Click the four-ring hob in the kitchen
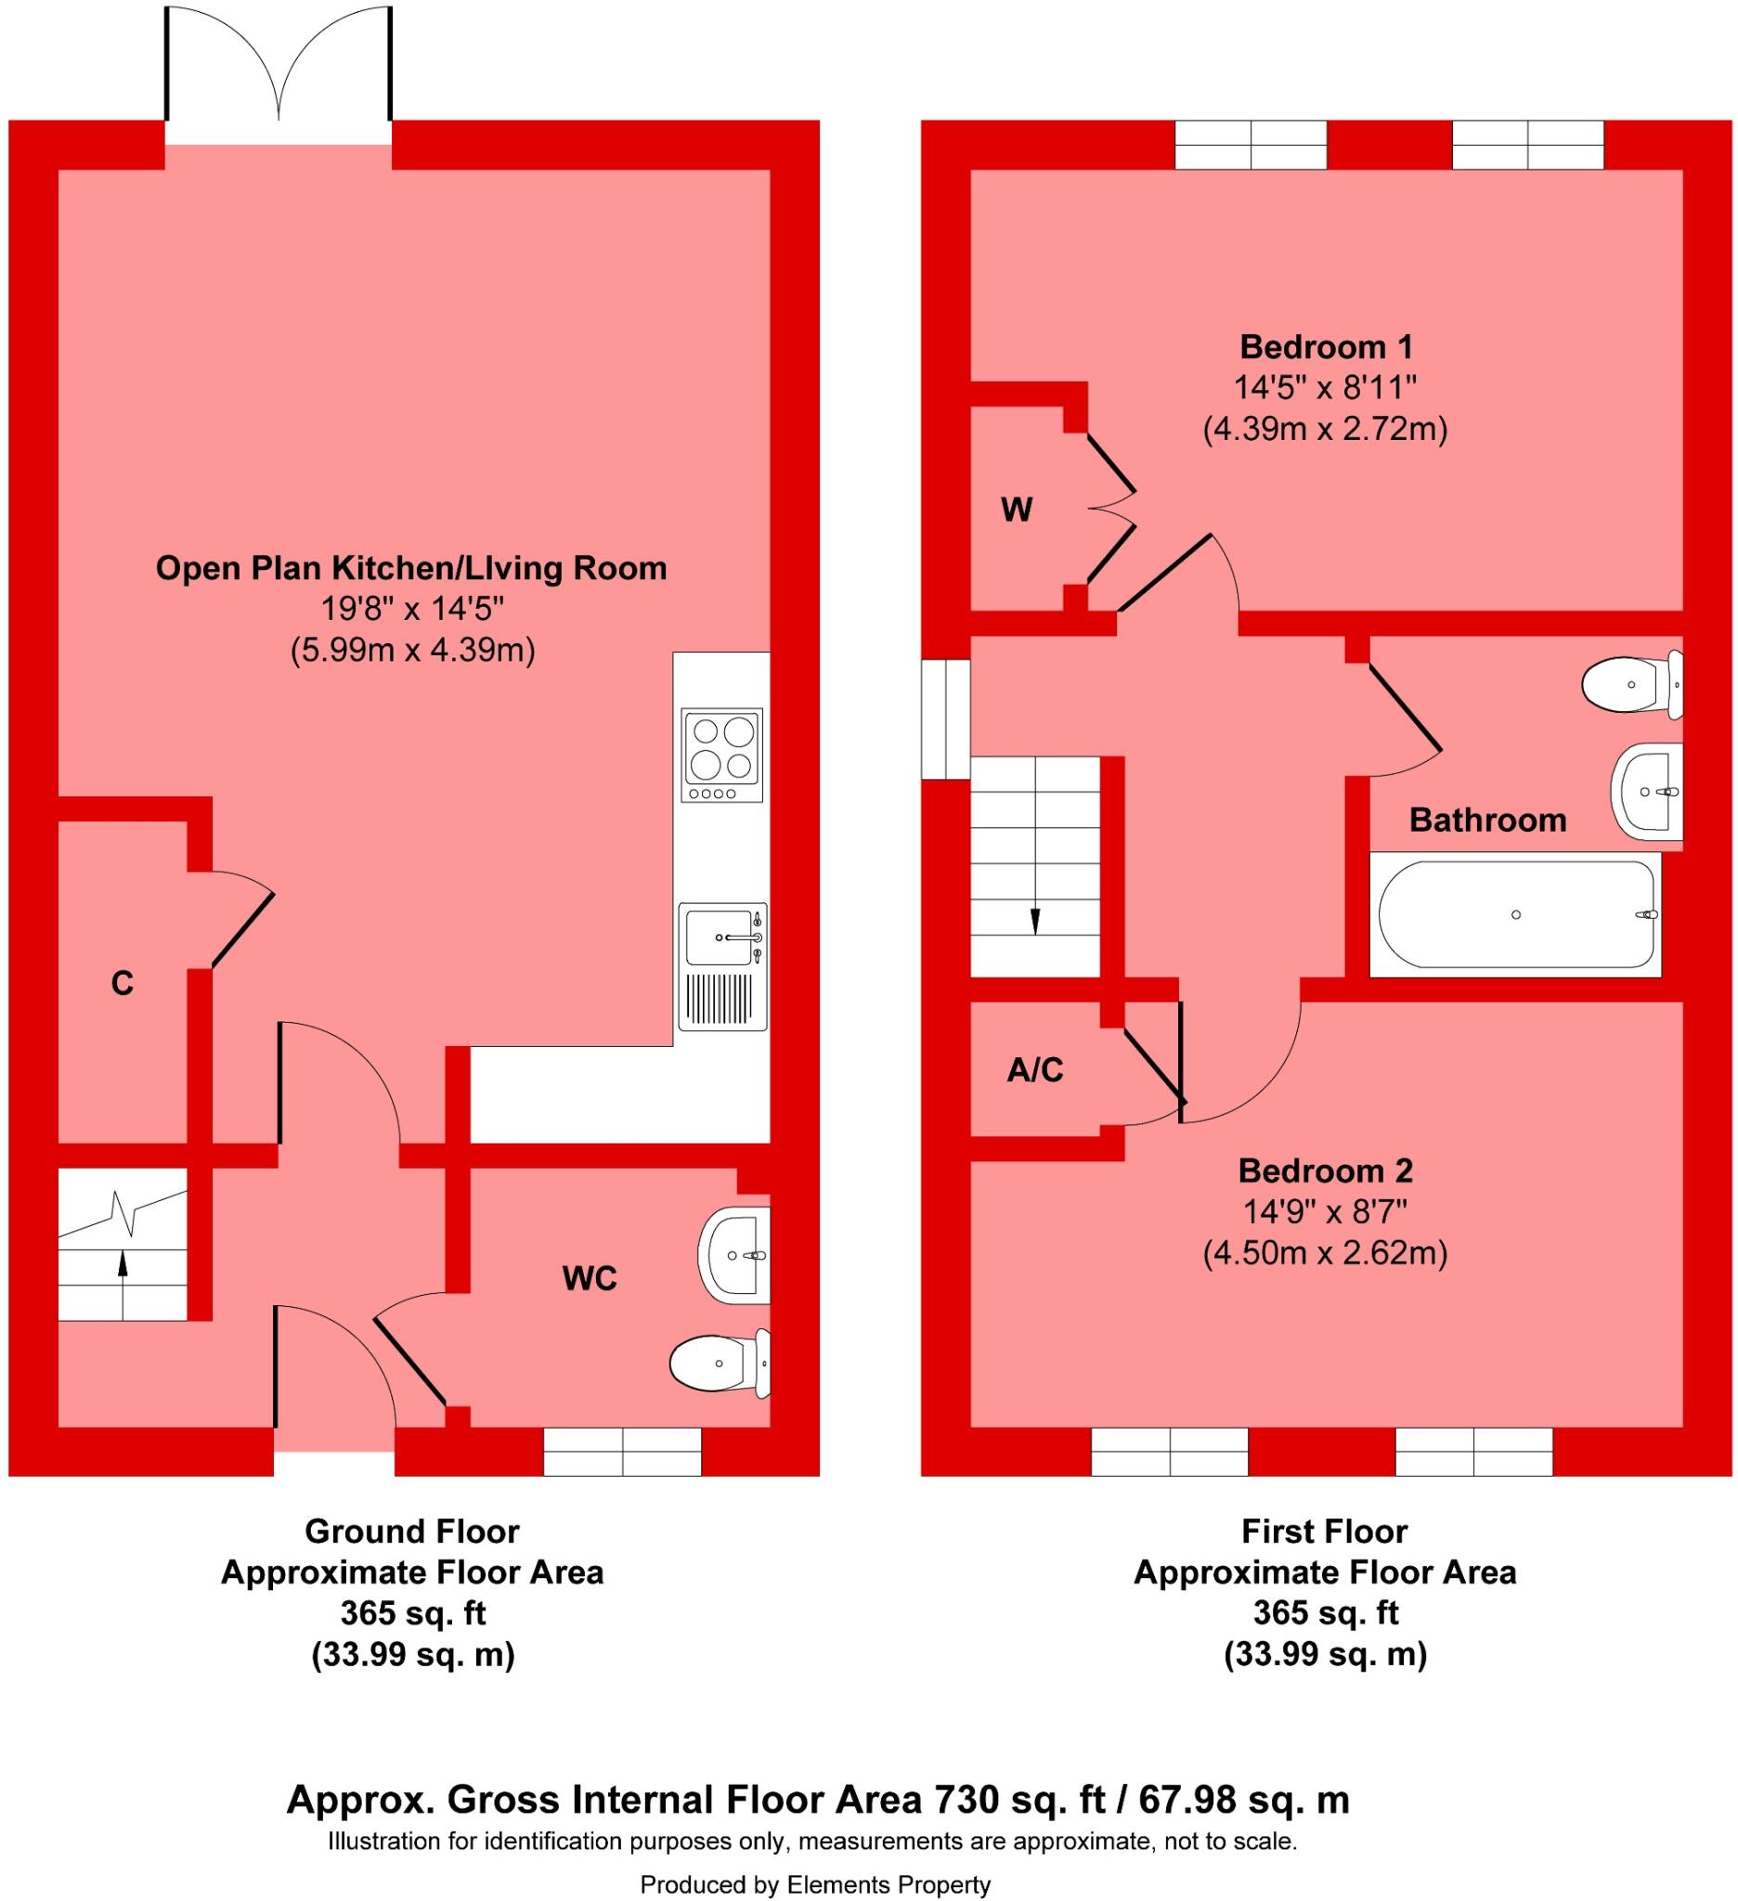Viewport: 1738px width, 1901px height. point(721,754)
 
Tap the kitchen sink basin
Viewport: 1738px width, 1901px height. point(722,938)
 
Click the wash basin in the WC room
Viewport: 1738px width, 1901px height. point(733,1255)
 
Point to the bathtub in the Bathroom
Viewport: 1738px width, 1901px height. point(1514,914)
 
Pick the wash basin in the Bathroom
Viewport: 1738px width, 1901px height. point(1647,790)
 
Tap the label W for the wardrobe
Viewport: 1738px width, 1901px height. point(1016,511)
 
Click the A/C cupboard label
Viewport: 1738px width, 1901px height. point(1034,1069)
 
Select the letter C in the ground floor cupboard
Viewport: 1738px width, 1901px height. point(122,984)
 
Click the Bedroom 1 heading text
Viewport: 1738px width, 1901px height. point(1325,347)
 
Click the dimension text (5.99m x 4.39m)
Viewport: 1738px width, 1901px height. point(412,651)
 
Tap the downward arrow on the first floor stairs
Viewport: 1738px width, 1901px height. point(1035,918)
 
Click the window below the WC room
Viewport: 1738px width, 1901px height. point(622,1450)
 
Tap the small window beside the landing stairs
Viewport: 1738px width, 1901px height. point(945,718)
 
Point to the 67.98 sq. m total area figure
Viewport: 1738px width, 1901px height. point(1244,1799)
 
